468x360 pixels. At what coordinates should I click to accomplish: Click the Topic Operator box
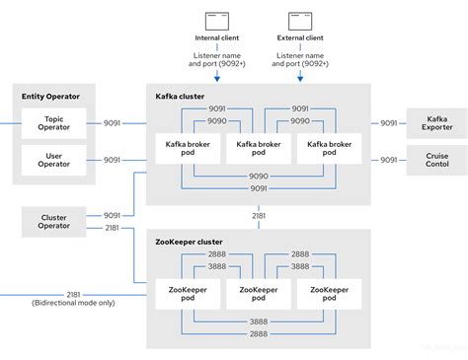(x=53, y=124)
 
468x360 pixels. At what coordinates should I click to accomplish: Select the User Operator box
(x=53, y=159)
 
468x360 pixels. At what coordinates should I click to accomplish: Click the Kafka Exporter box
(x=435, y=124)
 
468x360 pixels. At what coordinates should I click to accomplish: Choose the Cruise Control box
(x=435, y=160)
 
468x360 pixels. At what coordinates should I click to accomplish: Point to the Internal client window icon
(x=218, y=21)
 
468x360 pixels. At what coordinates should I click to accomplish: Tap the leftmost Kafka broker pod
(x=186, y=149)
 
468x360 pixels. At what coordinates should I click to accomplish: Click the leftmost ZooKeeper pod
(x=186, y=296)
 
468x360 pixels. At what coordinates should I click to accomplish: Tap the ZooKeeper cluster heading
(x=190, y=242)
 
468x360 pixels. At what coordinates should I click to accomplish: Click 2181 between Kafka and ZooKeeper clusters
(x=259, y=215)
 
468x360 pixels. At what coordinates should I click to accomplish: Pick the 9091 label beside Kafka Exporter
(x=387, y=124)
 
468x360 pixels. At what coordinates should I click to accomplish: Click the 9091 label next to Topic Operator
(x=113, y=124)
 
